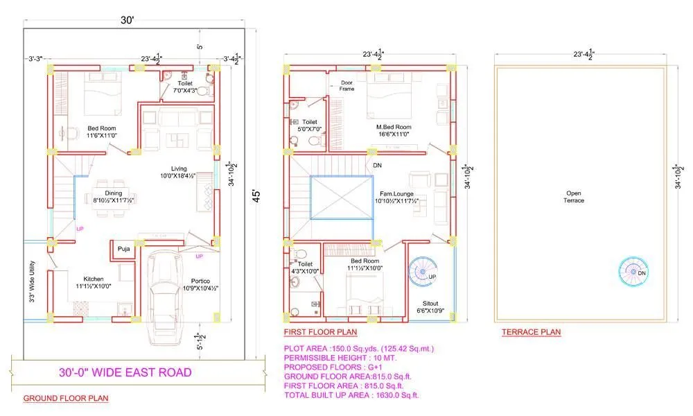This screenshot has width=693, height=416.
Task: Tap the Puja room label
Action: coord(124,248)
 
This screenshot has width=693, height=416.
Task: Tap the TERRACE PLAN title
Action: coord(531,333)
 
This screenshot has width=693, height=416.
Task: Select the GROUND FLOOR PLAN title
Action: coord(66,399)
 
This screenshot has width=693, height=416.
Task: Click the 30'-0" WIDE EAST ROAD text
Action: coord(125,373)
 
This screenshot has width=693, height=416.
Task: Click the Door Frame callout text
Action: coord(346,85)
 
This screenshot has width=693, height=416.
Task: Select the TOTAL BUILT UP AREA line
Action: coord(351,395)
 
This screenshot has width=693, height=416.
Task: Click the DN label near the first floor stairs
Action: coord(377,166)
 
